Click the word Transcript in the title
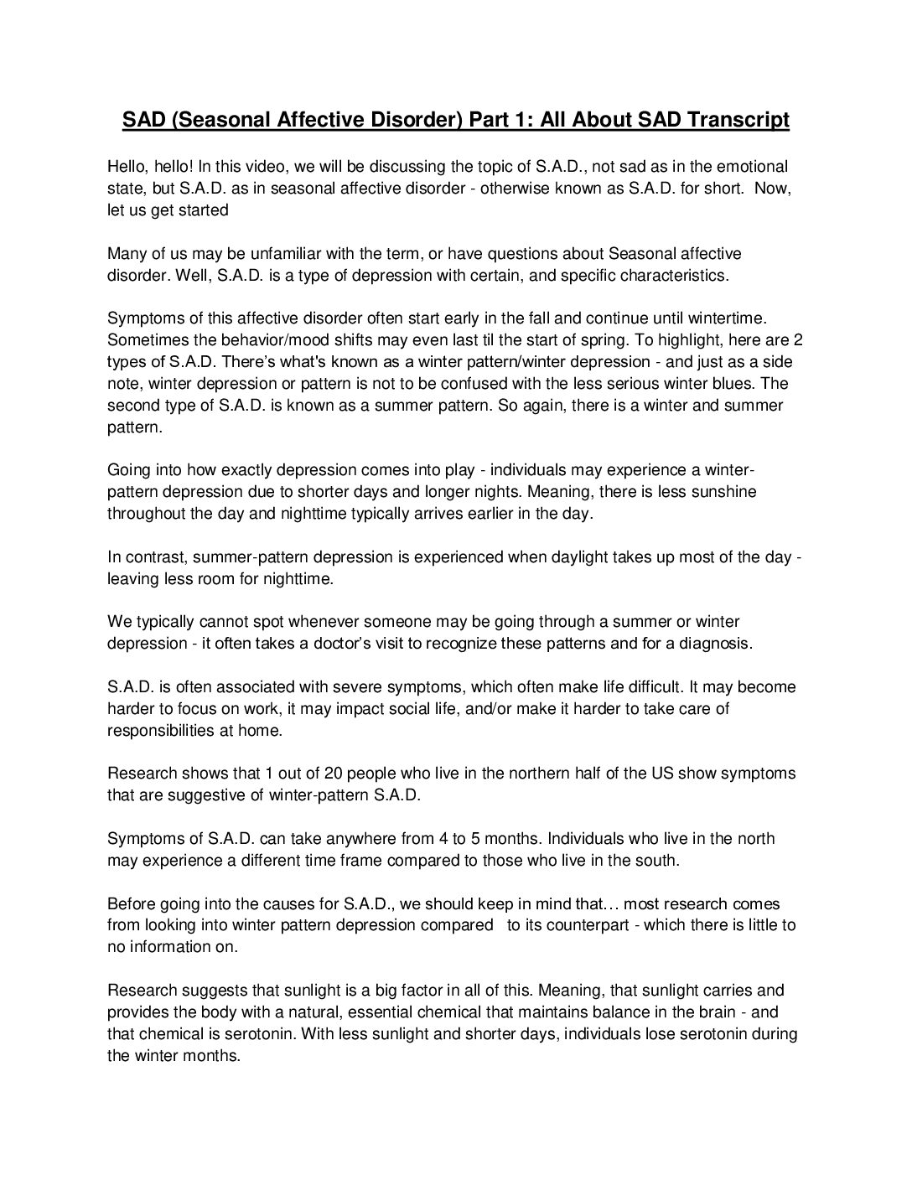click(x=738, y=121)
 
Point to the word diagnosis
click(x=720, y=644)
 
